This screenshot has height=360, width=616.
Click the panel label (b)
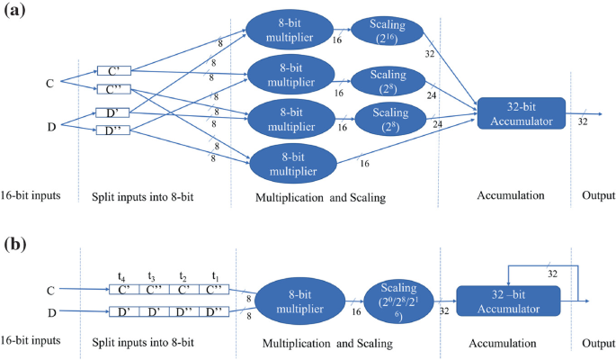point(16,244)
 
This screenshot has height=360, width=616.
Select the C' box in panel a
point(111,71)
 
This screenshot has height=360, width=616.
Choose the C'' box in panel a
point(111,88)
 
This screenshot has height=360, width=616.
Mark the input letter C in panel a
point(50,84)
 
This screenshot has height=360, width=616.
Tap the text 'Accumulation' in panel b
point(502,346)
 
